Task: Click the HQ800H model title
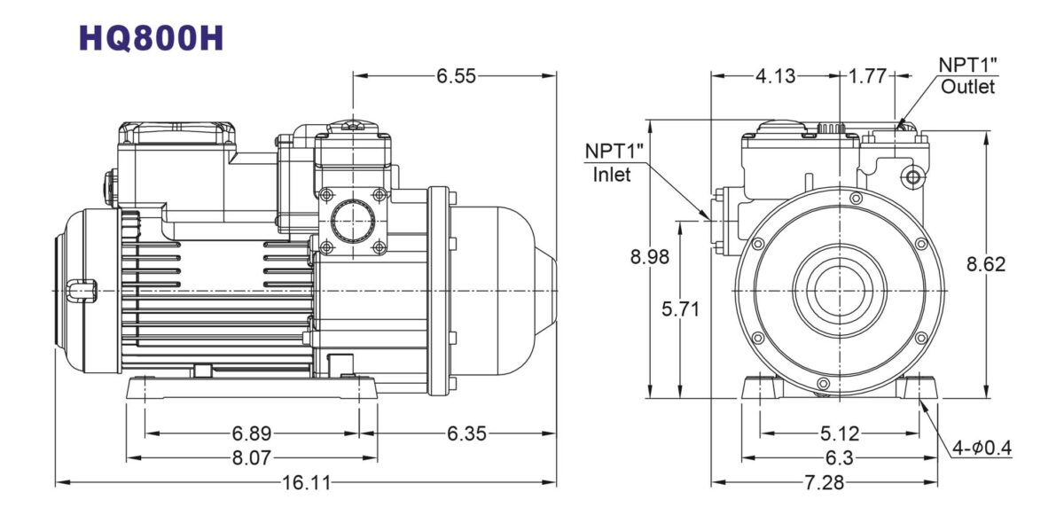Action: pos(152,37)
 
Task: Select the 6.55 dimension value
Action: pos(456,76)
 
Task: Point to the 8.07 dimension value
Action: pos(252,457)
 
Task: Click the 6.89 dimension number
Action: pos(252,433)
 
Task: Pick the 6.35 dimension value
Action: pos(465,433)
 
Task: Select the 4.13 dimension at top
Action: pos(775,76)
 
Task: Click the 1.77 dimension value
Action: pos(868,76)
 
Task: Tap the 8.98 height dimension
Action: pos(650,258)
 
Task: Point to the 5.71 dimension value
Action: pos(682,309)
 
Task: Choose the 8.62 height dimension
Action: pos(986,264)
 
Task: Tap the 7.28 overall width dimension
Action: pos(824,483)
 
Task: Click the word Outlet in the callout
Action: pos(968,87)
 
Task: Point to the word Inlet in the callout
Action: pos(612,175)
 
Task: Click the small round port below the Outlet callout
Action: pos(912,178)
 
